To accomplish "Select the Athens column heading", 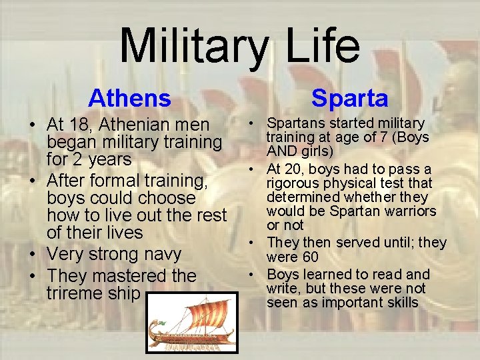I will click(129, 98).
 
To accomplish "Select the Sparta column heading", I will click(349, 98).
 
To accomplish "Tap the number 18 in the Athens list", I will click(81, 125).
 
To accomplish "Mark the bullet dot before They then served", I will click(255, 243).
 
